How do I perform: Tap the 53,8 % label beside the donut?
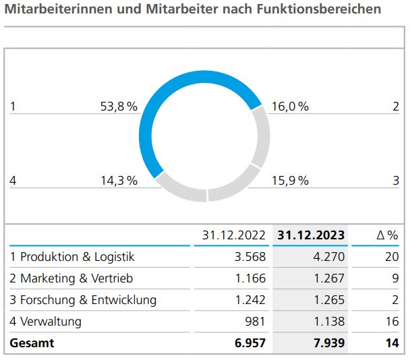119,107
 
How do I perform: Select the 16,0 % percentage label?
290,107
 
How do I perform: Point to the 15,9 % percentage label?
290,180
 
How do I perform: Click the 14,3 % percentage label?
119,180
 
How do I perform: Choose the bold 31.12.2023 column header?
311,235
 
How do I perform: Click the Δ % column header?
387,235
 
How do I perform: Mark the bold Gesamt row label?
32,343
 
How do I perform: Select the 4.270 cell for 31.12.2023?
330,257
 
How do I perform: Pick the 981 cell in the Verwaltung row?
256,322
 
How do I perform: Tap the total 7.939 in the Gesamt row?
329,343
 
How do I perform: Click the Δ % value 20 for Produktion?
392,257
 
